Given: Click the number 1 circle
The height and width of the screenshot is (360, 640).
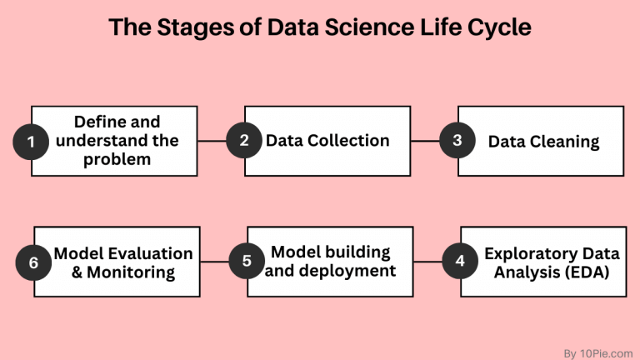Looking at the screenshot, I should [x=32, y=142].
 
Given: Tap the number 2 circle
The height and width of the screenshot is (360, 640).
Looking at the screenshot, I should [x=244, y=141].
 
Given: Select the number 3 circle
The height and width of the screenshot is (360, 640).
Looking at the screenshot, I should [x=457, y=141].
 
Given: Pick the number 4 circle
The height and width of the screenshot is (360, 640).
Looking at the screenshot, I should [x=460, y=262].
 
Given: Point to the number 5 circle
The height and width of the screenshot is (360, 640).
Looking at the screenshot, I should [x=247, y=262].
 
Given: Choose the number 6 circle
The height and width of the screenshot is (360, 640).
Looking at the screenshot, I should [x=34, y=262].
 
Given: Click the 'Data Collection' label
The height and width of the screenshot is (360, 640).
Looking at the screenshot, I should [x=327, y=140].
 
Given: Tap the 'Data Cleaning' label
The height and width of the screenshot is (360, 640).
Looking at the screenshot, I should [x=543, y=141].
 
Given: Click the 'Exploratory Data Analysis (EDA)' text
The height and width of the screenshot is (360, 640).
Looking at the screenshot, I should [x=542, y=262].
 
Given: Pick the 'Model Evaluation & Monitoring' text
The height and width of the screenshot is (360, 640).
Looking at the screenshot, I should [x=123, y=262].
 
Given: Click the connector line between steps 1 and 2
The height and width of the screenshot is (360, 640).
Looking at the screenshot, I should [x=213, y=141].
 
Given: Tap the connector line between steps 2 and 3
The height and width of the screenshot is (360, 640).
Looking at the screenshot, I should [x=426, y=141].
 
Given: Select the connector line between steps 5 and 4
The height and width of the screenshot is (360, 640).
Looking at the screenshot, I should [x=427, y=262].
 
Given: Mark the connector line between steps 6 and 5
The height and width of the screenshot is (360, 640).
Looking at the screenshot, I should [x=215, y=262].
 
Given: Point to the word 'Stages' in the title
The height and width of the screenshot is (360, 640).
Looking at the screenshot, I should [x=188, y=29].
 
